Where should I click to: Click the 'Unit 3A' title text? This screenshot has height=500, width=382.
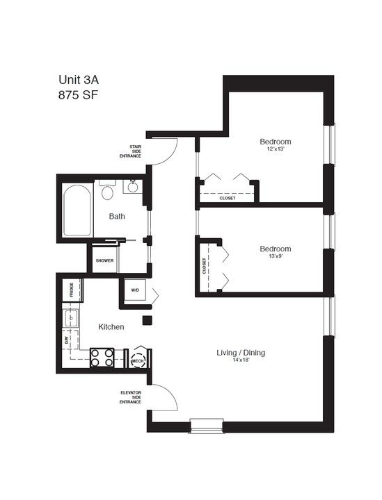coord(79,80)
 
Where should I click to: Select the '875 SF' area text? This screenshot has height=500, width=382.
coord(79,96)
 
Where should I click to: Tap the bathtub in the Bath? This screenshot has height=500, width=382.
coord(77,211)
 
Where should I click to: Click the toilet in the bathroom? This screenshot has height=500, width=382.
coord(107,190)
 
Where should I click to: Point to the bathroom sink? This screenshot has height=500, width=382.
coord(132,186)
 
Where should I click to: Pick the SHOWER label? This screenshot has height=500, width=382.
coord(104,260)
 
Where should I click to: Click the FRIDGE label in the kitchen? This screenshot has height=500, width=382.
coord(72,290)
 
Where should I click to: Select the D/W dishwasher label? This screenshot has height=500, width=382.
coord(67,340)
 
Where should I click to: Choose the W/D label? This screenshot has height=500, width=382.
coord(134,290)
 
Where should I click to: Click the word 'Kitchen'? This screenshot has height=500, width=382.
coord(111,326)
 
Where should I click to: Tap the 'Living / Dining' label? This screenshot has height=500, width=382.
coord(241,353)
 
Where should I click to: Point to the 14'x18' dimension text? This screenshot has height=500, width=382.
coord(241,361)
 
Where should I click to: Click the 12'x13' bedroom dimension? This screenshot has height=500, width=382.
coord(276,149)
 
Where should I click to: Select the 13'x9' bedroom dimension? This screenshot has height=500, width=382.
coord(276,257)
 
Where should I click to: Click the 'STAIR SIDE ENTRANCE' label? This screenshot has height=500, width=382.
coord(130,151)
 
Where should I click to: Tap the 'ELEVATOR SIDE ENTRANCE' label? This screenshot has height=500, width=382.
coord(130,397)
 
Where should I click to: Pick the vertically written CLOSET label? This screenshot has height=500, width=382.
coord(204,265)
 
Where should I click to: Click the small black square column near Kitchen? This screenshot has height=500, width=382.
coord(147,320)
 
